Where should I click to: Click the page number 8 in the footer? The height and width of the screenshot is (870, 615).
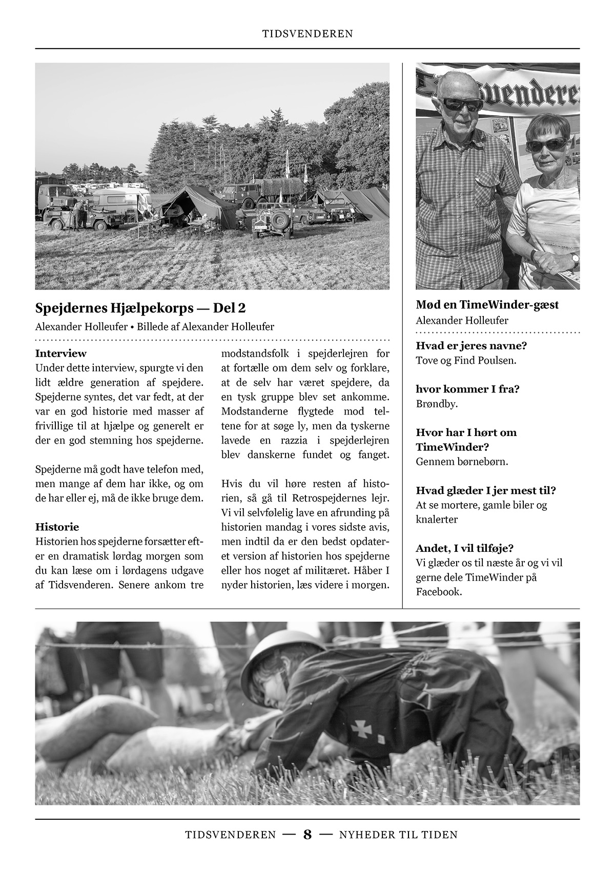click(x=307, y=835)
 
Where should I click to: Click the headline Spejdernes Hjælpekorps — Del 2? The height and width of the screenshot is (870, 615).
click(x=140, y=308)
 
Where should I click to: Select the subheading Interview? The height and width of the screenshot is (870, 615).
click(x=61, y=354)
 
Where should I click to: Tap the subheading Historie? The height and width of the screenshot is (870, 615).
click(x=57, y=527)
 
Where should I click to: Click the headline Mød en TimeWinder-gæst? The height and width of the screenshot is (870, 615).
click(x=487, y=305)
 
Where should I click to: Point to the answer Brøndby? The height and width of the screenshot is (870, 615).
click(x=437, y=404)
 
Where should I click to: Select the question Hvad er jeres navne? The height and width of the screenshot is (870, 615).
click(x=471, y=345)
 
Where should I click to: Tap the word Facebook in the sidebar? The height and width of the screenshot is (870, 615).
click(x=439, y=592)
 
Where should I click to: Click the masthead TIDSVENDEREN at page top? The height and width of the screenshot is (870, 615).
click(x=307, y=34)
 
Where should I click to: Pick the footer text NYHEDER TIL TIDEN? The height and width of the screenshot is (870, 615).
click(x=398, y=835)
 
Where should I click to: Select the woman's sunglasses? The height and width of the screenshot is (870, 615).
click(x=546, y=144)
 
